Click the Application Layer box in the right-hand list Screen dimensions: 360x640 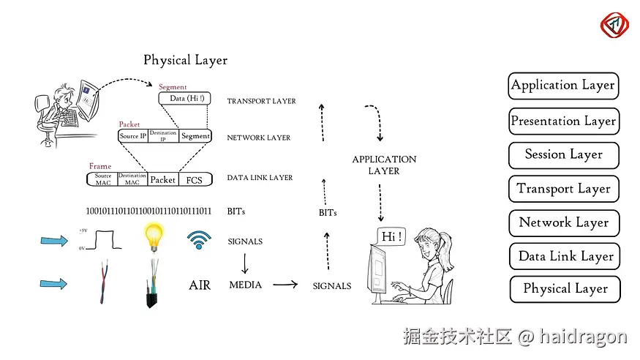(563, 86)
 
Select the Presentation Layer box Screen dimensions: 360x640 (563, 121)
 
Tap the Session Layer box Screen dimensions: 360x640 (563, 155)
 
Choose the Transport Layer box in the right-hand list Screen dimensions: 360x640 (563, 189)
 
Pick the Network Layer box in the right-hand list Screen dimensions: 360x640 (563, 222)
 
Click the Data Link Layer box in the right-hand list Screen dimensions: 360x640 (565, 256)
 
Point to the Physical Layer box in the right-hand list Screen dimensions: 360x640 (565, 289)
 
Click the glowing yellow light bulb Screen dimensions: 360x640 (153, 235)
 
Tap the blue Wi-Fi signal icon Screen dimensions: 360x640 (198, 239)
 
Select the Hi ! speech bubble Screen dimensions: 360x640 (392, 236)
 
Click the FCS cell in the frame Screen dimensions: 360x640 (195, 179)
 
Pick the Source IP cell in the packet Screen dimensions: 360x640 (133, 136)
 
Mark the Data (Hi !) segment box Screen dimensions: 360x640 (187, 98)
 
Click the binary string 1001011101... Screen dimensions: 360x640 (148, 211)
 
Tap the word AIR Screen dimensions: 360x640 (200, 285)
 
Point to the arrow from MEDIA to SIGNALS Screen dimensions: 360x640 (286, 285)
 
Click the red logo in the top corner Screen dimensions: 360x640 (614, 25)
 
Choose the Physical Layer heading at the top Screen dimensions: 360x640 (185, 60)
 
